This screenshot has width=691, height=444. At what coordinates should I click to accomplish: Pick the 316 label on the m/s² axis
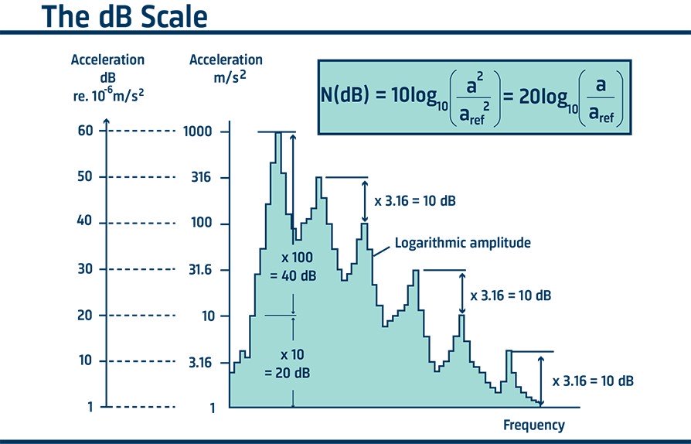pyautogui.click(x=200, y=178)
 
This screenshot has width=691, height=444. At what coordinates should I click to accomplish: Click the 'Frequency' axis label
pyautogui.click(x=533, y=425)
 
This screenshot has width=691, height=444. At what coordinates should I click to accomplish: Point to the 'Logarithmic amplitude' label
pyautogui.click(x=462, y=243)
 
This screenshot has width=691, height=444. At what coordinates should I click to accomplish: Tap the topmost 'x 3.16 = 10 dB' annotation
pyautogui.click(x=414, y=201)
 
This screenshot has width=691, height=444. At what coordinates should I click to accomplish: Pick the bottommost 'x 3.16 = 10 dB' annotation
pyautogui.click(x=594, y=381)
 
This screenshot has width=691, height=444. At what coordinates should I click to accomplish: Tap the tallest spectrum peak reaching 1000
pyautogui.click(x=278, y=135)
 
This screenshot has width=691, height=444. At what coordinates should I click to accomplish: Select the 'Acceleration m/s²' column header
pyautogui.click(x=226, y=67)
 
